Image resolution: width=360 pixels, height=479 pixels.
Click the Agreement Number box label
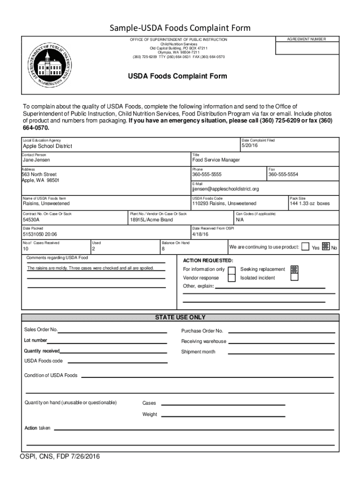click(307, 39)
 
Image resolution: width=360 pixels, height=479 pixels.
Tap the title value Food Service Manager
click(216, 160)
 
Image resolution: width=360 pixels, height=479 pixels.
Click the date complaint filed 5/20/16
click(250, 145)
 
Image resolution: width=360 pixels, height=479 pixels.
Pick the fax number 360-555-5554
click(283, 174)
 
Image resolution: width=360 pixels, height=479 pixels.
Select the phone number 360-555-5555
click(207, 174)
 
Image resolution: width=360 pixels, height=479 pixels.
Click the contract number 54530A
click(31, 219)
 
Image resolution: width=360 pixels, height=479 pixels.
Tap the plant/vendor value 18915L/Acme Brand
click(151, 219)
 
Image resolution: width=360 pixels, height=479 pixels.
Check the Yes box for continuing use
click(305, 247)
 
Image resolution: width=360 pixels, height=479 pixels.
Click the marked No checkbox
click(326, 247)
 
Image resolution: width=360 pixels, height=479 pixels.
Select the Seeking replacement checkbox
click(294, 269)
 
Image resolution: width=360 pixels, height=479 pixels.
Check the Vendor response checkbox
click(231, 278)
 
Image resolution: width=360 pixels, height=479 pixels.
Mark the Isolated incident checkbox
click(294, 277)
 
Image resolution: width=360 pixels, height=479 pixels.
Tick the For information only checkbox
click(231, 269)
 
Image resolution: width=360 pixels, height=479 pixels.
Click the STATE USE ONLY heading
click(180, 317)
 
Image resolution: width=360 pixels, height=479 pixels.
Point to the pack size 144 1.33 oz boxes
click(310, 203)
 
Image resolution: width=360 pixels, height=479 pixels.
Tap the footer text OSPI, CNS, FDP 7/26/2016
click(59, 456)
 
